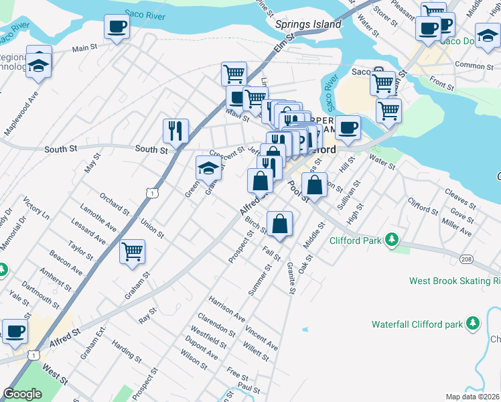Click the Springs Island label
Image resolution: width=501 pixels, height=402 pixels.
[x=308, y=24]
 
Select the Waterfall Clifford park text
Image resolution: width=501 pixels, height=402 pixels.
[x=417, y=324]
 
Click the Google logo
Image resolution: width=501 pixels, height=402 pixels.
[x=22, y=394]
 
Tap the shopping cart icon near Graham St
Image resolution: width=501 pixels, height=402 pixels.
[x=133, y=252]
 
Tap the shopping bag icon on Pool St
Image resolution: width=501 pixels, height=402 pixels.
[x=314, y=184]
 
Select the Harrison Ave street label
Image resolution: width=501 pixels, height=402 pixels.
[x=226, y=305]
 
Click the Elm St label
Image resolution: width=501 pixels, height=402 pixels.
[x=284, y=46]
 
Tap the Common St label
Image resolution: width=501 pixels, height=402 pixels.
[x=474, y=66]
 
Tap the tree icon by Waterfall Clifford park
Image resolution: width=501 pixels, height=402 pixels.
[x=473, y=324]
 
